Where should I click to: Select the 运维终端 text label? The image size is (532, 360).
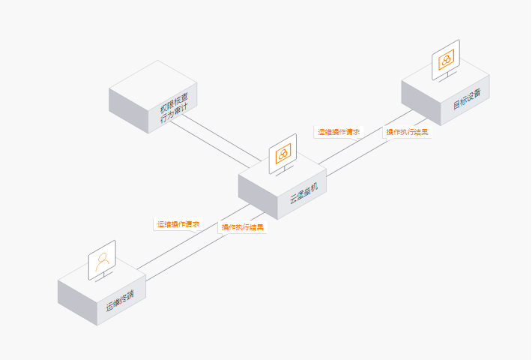pyautogui.click(x=120, y=301)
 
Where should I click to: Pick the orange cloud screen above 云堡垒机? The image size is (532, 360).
pyautogui.click(x=283, y=154)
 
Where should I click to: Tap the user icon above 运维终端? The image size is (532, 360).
pyautogui.click(x=103, y=260)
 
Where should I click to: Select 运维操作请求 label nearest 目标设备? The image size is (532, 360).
pyautogui.click(x=339, y=132)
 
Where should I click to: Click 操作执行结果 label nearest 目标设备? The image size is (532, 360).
pyautogui.click(x=407, y=133)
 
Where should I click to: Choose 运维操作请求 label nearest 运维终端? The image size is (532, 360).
pyautogui.click(x=178, y=224)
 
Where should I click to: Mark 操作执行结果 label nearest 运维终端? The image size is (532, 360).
pyautogui.click(x=242, y=227)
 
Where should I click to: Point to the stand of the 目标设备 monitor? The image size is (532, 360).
pyautogui.click(x=449, y=76)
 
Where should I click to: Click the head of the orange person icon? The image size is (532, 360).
pyautogui.click(x=102, y=256)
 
